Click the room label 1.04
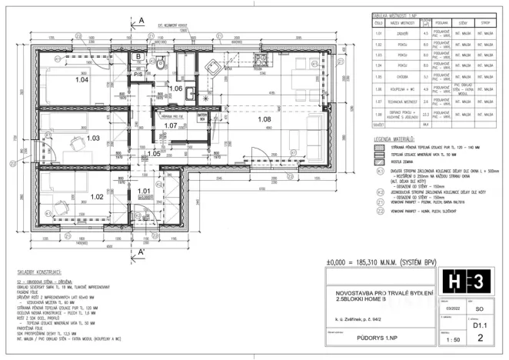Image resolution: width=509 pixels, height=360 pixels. pos(82,79)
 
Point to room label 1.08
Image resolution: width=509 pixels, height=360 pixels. pos(264,119)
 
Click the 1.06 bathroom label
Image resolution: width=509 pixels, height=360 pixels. pos(175,89)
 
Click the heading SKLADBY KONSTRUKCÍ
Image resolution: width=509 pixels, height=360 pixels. pos(42,273)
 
